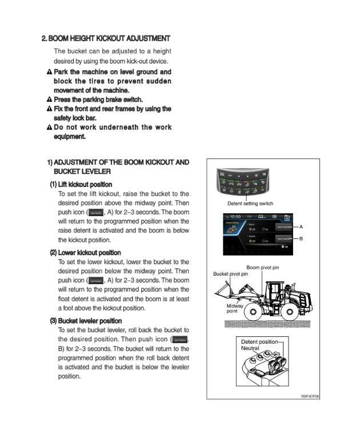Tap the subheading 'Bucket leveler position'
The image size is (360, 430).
[89, 320]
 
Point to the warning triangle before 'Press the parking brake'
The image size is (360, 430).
[49, 99]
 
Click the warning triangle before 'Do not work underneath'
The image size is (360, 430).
[49, 127]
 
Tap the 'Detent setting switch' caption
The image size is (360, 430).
[250, 204]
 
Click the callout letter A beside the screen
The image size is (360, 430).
[301, 227]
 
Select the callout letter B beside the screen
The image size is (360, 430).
[301, 238]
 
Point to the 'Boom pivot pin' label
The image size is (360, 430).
[262, 267]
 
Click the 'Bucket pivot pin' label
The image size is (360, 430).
[230, 274]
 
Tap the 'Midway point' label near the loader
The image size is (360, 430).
[235, 308]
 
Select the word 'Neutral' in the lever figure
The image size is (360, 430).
[250, 348]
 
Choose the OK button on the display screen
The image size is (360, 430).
[285, 246]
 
